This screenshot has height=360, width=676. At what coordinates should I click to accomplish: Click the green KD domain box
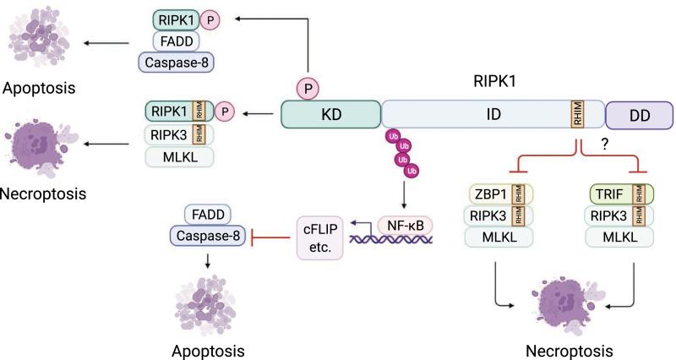[x=331, y=114]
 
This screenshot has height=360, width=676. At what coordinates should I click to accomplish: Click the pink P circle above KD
[x=306, y=85]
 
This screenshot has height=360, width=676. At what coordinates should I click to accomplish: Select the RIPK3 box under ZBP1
[x=495, y=216]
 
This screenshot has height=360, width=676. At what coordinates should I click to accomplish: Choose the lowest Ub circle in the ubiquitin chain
[x=412, y=172]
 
